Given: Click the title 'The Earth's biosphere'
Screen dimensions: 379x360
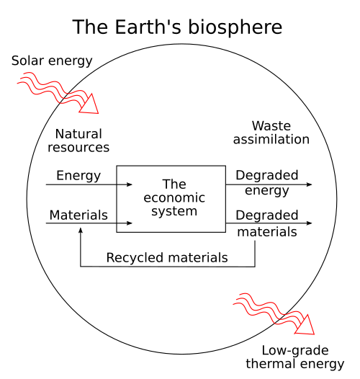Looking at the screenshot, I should click(x=177, y=27).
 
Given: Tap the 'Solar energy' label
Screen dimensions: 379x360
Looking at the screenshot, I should click(x=52, y=61).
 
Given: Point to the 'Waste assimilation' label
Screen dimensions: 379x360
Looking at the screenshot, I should click(x=271, y=133).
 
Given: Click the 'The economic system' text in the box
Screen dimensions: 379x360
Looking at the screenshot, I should click(x=174, y=198).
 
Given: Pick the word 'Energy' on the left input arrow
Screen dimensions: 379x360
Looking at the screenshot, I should click(x=78, y=175).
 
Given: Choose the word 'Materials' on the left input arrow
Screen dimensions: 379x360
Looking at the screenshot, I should click(x=78, y=215).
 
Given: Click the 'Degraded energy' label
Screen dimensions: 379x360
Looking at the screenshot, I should click(x=266, y=183).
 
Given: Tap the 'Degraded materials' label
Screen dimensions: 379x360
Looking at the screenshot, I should click(x=266, y=223).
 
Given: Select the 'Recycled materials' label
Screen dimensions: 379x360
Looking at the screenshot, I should click(x=167, y=257).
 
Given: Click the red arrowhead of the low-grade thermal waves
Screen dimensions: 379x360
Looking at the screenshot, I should click(x=307, y=326).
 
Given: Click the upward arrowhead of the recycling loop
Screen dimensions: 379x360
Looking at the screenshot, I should click(x=81, y=231).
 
